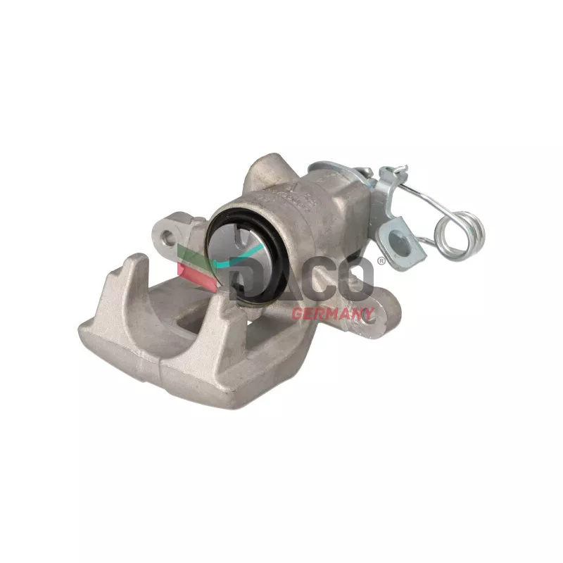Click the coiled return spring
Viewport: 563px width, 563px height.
460,235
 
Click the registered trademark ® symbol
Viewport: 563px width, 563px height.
381,261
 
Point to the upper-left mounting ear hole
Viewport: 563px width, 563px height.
167,236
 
